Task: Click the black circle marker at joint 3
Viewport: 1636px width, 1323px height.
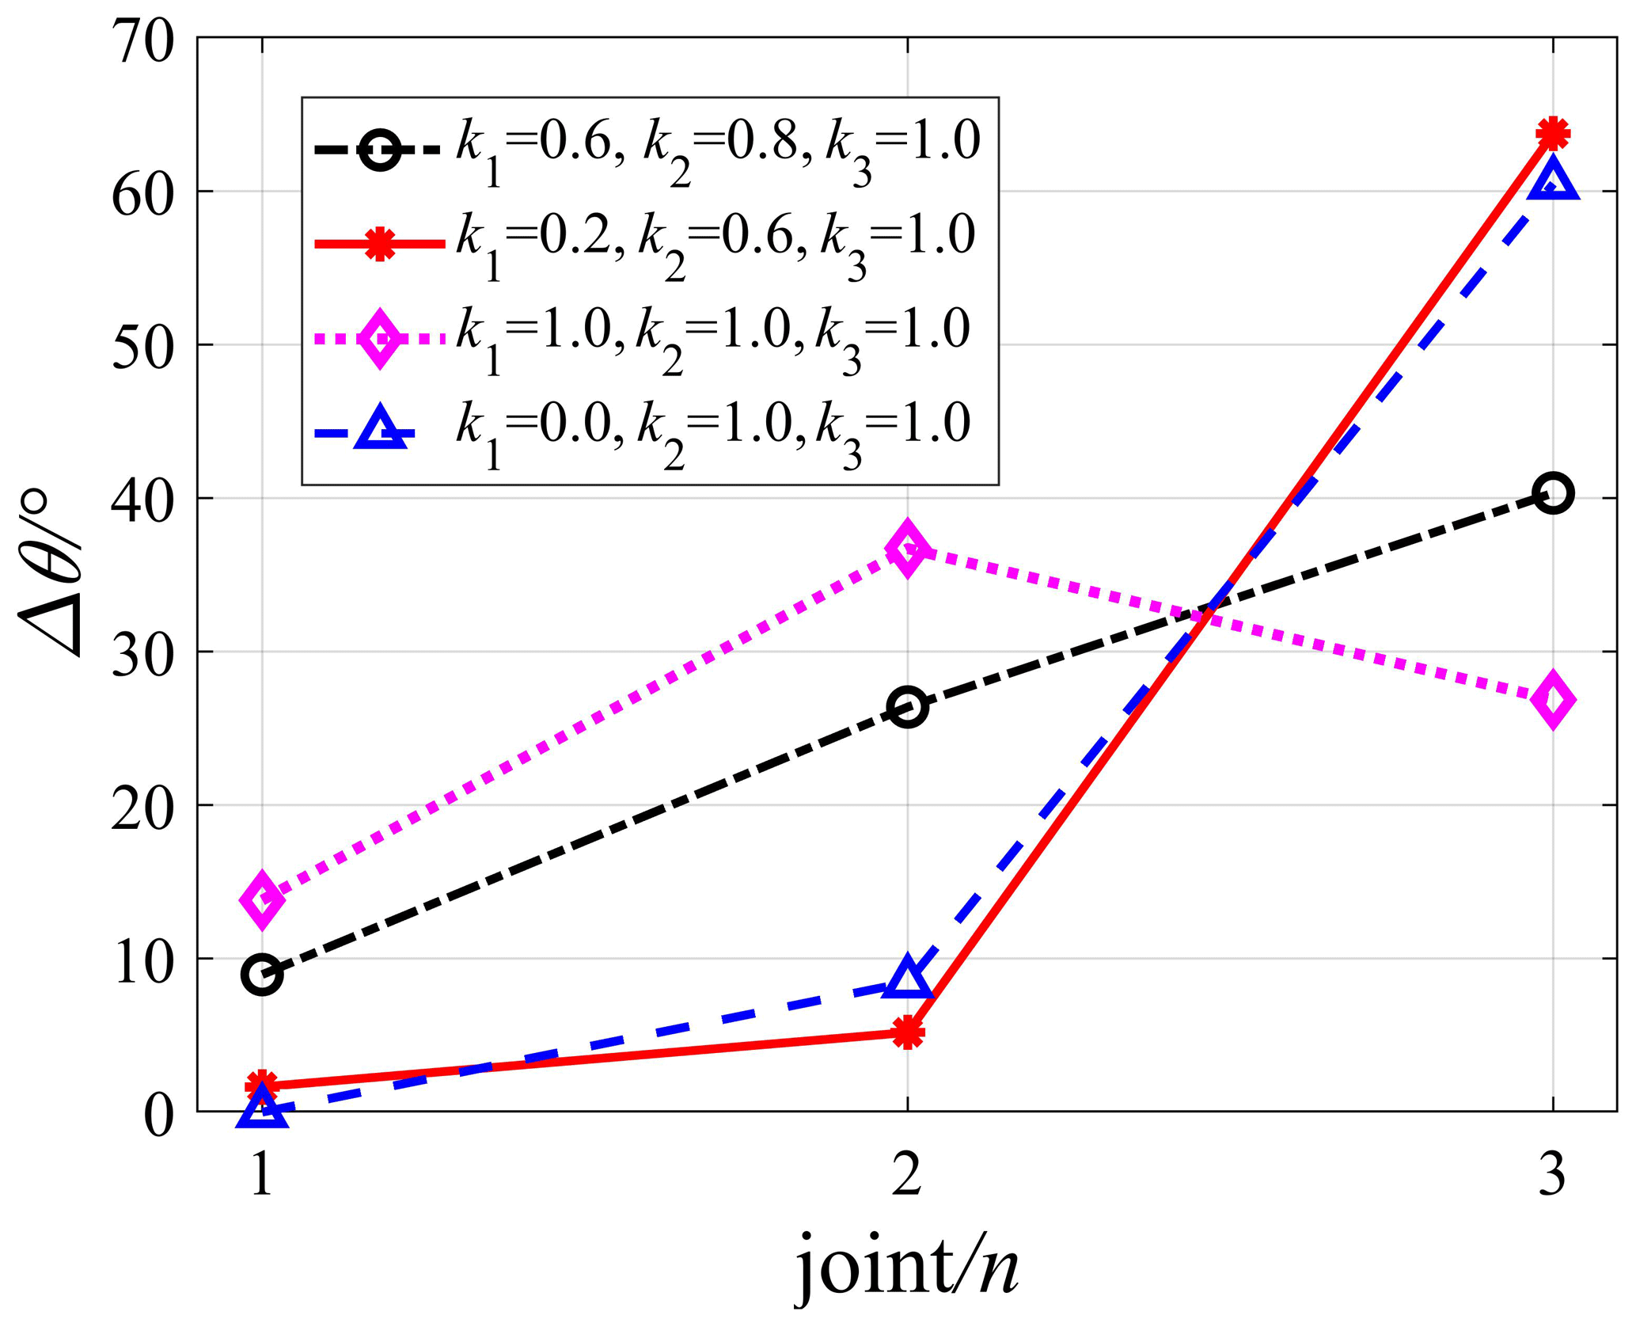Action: [1553, 494]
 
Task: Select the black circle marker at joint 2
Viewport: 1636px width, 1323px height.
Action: [908, 707]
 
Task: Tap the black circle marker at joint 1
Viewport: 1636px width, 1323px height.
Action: [263, 975]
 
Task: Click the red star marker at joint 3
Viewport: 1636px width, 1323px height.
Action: [1553, 133]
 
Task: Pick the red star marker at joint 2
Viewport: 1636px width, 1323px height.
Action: [908, 1033]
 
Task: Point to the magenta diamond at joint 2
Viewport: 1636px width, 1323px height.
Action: [908, 549]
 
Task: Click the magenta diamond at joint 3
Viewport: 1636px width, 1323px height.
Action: [1553, 699]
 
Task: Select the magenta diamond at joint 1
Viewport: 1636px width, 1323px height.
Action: [263, 900]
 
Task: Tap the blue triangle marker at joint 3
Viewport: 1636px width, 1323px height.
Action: [1553, 179]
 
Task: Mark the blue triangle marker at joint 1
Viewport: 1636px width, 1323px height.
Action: [263, 1109]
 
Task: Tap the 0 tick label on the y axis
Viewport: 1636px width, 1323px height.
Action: [158, 1116]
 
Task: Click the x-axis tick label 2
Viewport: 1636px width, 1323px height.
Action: [907, 1177]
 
